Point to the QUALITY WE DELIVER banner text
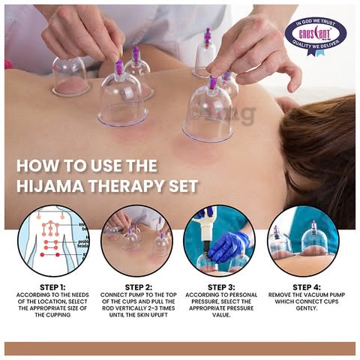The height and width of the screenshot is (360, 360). coord(314,49)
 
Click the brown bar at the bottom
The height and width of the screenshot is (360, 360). coord(180,348)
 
